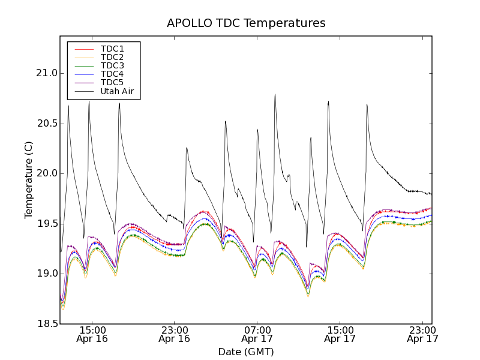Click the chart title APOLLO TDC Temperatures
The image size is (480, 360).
(246, 23)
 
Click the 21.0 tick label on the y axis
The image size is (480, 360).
(46, 73)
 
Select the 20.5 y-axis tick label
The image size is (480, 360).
(46, 124)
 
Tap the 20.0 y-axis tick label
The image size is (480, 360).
(46, 173)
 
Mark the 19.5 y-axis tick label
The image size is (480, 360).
(46, 224)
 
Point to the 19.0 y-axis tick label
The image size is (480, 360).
(46, 274)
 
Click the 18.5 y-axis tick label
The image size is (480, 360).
(46, 324)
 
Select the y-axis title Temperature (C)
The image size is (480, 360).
(29, 180)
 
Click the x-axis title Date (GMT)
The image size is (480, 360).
(246, 352)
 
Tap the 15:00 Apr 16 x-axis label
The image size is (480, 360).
(92, 334)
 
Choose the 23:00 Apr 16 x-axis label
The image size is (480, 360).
(175, 334)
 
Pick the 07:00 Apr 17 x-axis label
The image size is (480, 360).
(257, 334)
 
